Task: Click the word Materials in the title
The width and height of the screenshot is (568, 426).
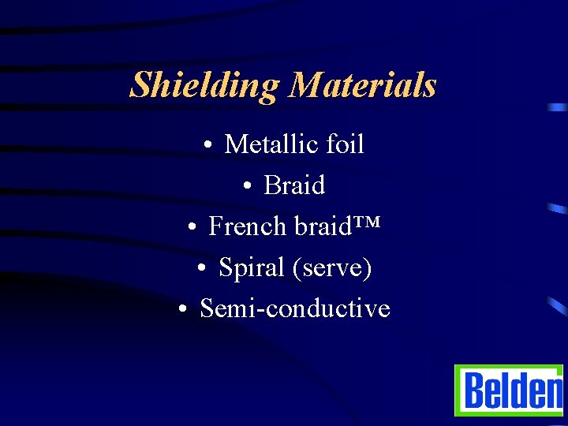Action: coord(362,84)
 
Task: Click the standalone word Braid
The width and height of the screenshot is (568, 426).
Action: coord(294,185)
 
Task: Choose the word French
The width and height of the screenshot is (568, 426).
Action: coord(248,226)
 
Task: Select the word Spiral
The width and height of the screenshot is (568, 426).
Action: coord(252,268)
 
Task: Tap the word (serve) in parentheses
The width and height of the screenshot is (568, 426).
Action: coord(332,268)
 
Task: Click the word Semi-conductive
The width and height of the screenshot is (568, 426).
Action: coord(295,308)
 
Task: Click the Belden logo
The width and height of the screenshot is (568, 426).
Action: coord(509,390)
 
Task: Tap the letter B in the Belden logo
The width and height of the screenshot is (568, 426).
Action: coord(474,390)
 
